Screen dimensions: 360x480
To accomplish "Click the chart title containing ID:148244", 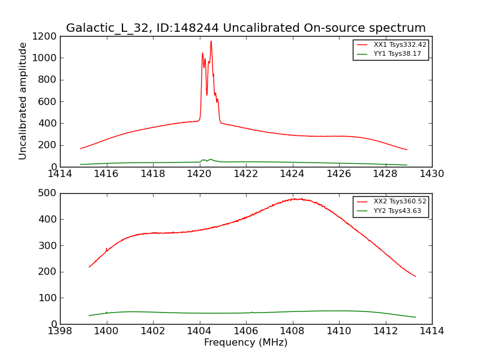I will [246, 28].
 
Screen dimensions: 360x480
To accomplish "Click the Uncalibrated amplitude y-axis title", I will [23, 101].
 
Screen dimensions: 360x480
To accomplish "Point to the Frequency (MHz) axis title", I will [246, 343].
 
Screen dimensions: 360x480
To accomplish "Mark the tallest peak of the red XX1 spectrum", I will [211, 41].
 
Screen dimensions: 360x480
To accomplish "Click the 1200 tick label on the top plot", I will [45, 36].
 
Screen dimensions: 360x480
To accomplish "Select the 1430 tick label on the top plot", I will [432, 174].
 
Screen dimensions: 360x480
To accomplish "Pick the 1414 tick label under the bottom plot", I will [432, 331].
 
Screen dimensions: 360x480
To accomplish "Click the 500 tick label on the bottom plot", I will [48, 193].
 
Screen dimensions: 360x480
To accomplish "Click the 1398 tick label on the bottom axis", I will [60, 331].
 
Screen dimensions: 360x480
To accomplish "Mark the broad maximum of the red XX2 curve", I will [296, 199].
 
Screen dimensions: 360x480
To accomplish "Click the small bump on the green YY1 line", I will [211, 160].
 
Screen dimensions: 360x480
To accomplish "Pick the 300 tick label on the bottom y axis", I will [48, 245].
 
